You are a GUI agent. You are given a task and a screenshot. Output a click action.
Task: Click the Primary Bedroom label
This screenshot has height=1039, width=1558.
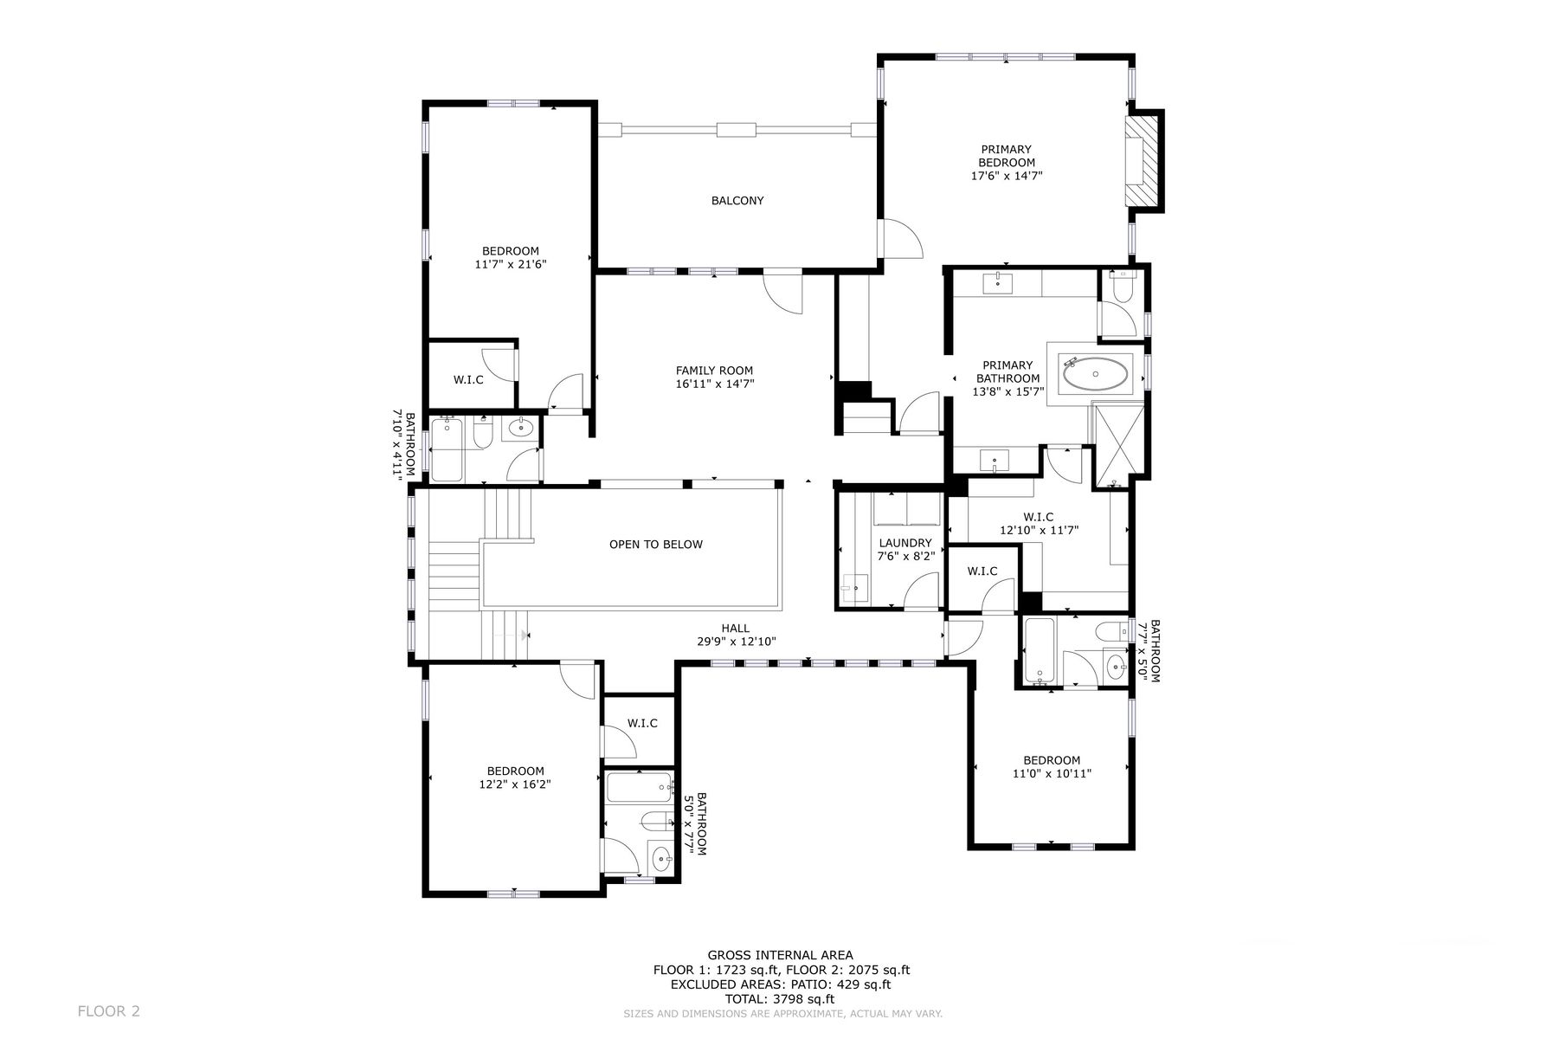(x=1006, y=156)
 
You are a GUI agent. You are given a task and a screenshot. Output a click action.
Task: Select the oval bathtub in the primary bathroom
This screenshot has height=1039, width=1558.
(x=1095, y=375)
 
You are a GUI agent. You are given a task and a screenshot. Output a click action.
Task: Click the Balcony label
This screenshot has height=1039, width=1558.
(x=737, y=201)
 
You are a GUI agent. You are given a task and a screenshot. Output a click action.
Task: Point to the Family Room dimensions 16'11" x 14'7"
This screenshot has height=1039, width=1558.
(x=715, y=384)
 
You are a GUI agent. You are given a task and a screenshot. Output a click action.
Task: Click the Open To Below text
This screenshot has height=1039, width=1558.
(x=656, y=545)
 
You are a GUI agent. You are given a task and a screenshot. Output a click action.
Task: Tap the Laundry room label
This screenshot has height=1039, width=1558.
(x=905, y=543)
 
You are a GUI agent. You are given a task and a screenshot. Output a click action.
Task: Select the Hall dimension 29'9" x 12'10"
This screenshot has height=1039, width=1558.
(x=737, y=642)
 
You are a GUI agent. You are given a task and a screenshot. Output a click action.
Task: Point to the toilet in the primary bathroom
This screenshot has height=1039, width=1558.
(x=1121, y=287)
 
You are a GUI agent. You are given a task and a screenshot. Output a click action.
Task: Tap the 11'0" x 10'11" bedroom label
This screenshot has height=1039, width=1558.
(x=1052, y=767)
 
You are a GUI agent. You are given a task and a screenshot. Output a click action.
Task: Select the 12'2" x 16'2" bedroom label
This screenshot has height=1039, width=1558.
(x=515, y=778)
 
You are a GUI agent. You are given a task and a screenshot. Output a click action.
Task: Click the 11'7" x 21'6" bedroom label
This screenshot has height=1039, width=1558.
(x=511, y=258)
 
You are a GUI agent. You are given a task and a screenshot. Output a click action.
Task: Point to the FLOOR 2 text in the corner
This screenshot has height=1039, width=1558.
(x=109, y=1010)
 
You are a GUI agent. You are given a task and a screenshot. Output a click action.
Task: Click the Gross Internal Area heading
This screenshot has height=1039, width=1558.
(x=781, y=956)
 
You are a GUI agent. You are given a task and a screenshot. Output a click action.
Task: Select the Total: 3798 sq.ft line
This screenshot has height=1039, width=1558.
(x=781, y=998)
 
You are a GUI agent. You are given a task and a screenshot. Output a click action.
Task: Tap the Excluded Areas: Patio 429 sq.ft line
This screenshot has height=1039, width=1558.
(x=781, y=984)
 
